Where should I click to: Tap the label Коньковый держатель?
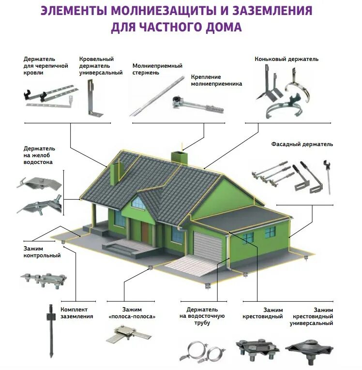(287, 59)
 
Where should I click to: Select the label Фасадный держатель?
(308, 144)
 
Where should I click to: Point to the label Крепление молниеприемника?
(216, 80)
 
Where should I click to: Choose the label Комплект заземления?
(76, 312)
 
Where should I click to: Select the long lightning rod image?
(157, 96)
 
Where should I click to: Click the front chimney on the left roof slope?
(116, 173)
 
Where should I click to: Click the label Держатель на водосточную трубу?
(202, 316)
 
